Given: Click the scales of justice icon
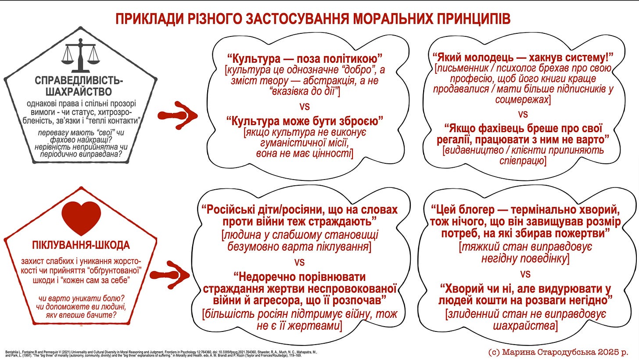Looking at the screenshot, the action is (80, 56).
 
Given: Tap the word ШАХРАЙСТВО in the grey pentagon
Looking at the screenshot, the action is (79, 92).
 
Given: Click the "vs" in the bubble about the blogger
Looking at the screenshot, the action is (525, 274).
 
